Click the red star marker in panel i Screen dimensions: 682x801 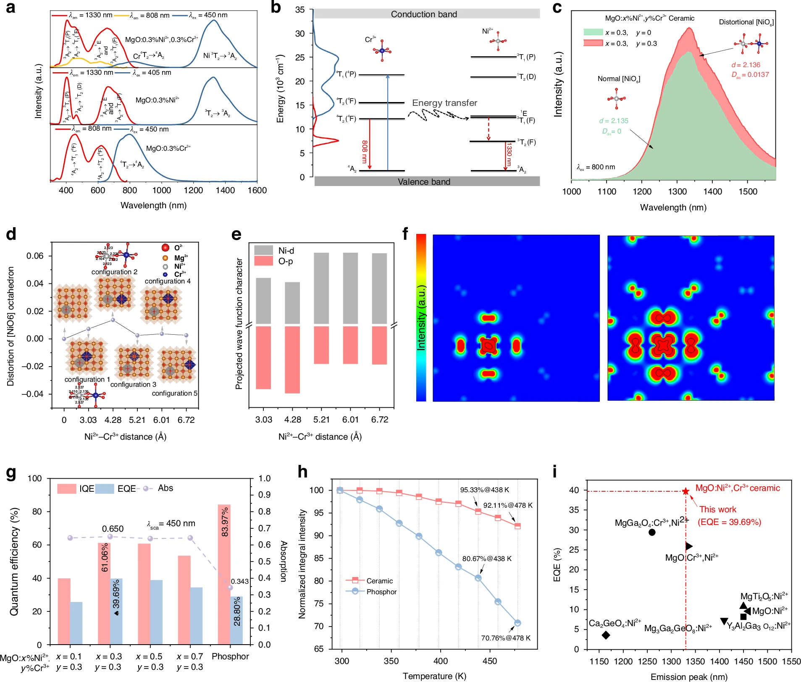coord(685,491)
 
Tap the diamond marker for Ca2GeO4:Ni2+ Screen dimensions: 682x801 coord(606,635)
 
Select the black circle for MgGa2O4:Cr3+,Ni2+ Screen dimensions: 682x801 coord(652,532)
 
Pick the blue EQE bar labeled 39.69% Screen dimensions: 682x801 coord(116,611)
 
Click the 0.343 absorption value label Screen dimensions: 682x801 coord(240,581)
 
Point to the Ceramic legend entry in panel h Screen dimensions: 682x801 coord(379,581)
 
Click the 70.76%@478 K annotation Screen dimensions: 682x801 coord(505,638)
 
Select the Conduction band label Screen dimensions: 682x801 coord(424,14)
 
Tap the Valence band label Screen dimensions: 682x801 coord(424,182)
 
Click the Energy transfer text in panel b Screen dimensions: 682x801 coord(444,103)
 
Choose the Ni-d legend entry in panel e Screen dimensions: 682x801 coord(286,251)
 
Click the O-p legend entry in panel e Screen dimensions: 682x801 coord(285,261)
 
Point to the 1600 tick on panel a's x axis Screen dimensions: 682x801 coord(257,190)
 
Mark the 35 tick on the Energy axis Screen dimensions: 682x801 coord(299,10)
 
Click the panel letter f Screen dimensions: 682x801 coord(405,233)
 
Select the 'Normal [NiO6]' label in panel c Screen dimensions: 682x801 coord(619,79)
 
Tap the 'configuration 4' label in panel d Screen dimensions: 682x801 coord(168,281)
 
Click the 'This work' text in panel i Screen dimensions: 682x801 coord(717,509)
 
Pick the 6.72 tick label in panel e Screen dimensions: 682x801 coord(380,420)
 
